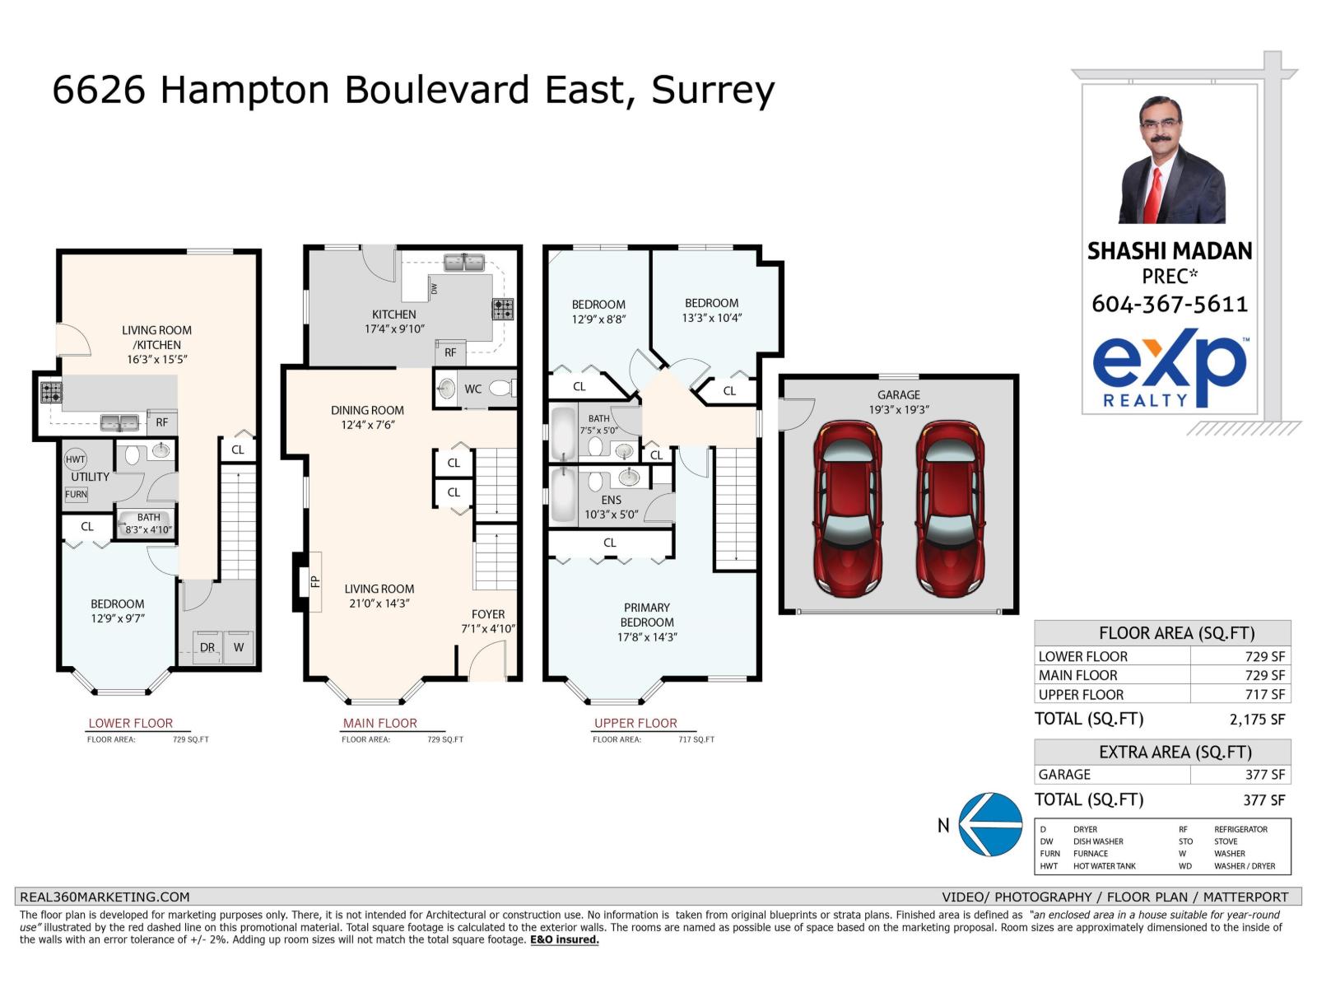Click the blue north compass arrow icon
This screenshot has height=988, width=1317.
[x=991, y=824]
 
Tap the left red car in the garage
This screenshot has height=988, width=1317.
[x=847, y=509]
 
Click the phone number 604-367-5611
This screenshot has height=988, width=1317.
[x=1170, y=304]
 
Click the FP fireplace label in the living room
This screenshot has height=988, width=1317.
[x=315, y=581]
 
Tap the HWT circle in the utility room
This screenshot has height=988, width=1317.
[x=75, y=459]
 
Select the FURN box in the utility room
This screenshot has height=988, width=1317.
[x=76, y=494]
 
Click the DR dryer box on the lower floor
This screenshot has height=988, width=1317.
[x=207, y=647]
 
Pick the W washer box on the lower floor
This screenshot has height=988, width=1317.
[x=239, y=647]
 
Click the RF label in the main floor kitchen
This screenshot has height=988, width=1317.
[x=450, y=352]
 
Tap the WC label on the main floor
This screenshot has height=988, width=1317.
[x=473, y=389]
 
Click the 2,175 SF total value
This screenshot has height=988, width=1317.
[x=1257, y=720]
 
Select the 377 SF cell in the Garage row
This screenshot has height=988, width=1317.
[x=1264, y=775]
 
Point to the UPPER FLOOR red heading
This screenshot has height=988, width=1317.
[x=635, y=723]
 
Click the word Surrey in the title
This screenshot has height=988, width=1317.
[x=713, y=91]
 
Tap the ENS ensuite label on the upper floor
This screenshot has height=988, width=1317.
[x=611, y=500]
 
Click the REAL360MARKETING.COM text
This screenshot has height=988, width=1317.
[x=105, y=897]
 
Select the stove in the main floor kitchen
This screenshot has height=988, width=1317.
[x=502, y=309]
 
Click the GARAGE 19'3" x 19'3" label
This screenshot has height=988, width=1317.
[x=898, y=402]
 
